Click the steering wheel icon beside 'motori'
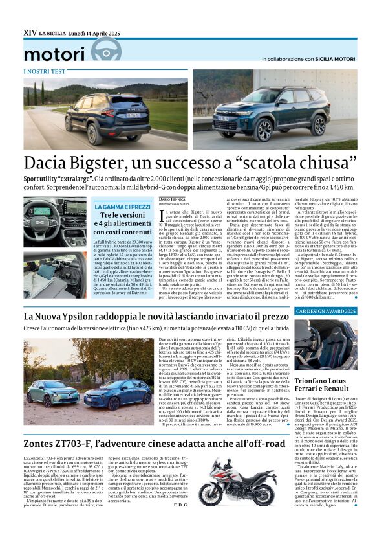tap(106, 49)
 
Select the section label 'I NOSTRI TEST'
tap(43, 71)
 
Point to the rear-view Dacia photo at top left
tap(106, 112)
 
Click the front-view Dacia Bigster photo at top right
tap(274, 112)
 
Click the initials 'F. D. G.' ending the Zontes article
tap(183, 505)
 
